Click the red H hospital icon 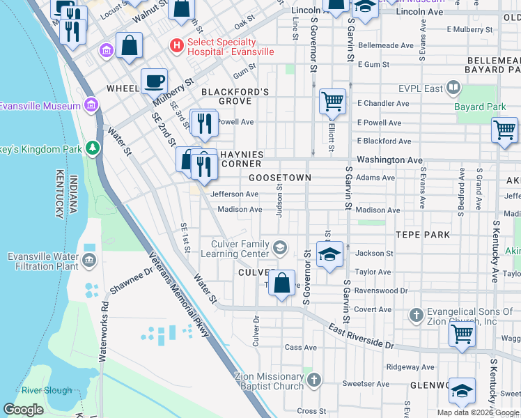177,46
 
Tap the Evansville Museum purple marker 90,105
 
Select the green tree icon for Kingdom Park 91,148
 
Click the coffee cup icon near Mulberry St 154,81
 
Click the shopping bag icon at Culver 281,284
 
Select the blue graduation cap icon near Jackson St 329,254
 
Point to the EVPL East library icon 453,88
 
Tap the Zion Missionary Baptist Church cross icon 314,380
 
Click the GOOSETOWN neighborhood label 280,178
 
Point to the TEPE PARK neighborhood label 422,235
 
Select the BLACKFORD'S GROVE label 235,96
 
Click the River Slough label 47,390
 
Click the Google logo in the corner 24,410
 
